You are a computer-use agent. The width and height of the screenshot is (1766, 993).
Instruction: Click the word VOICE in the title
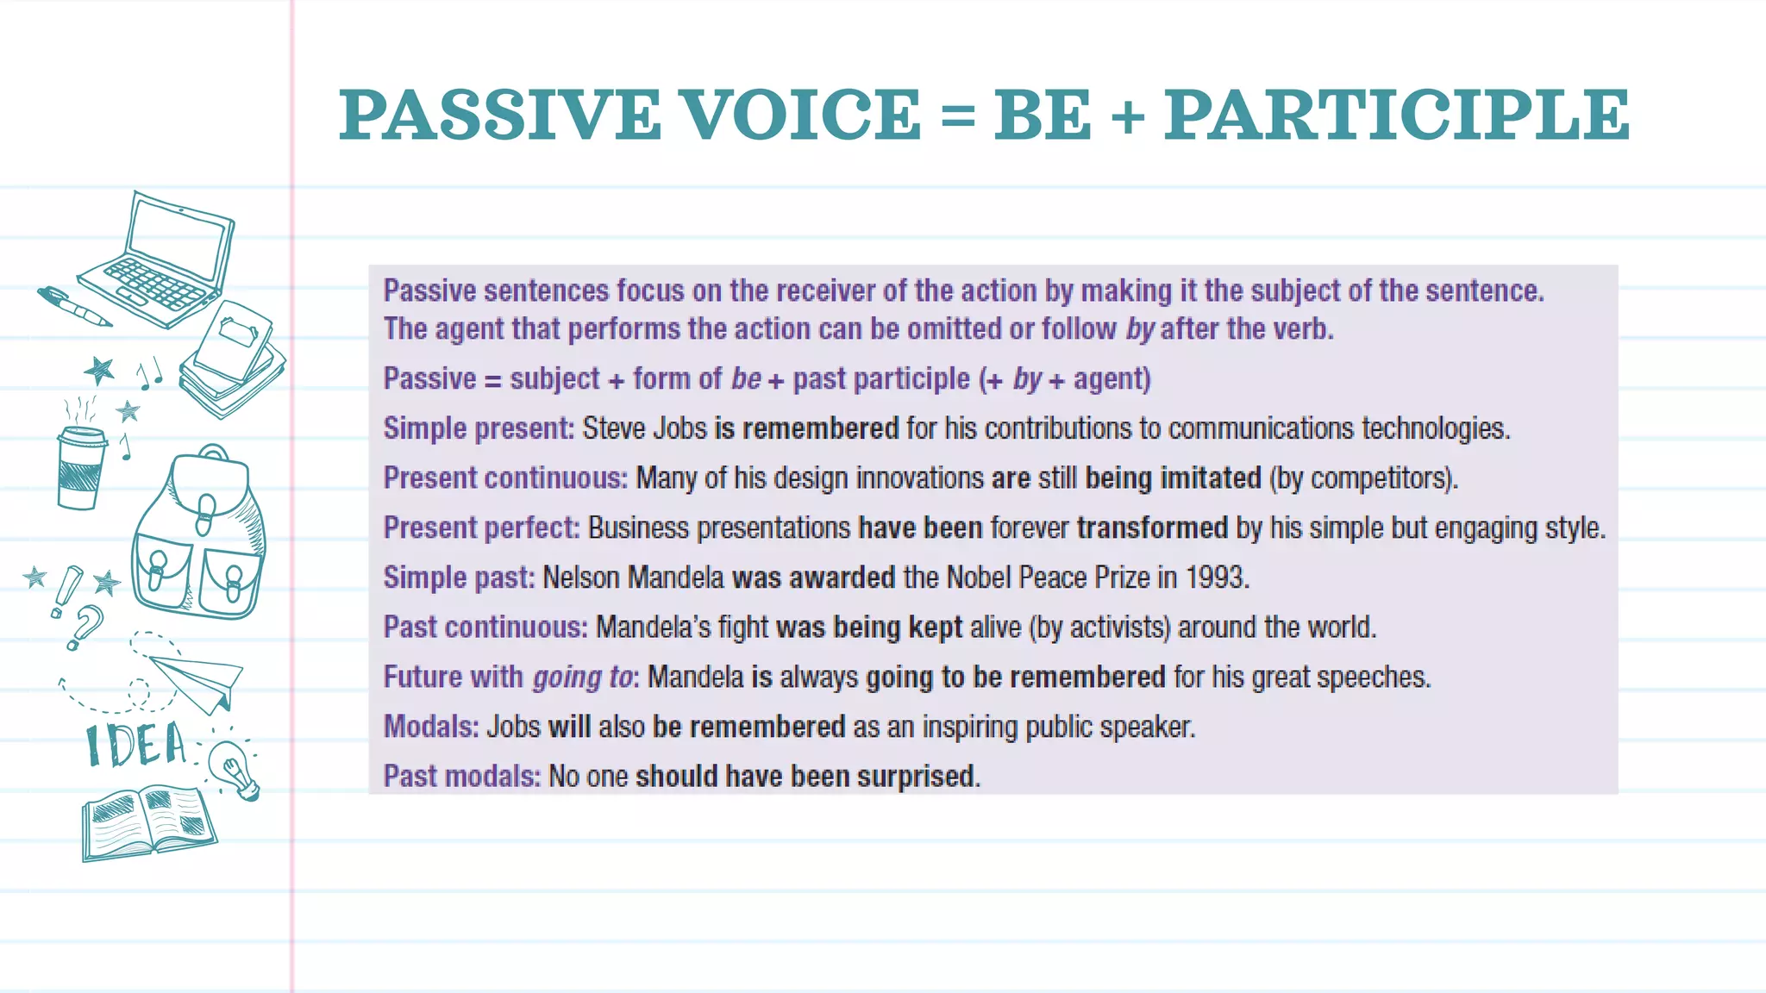point(801,116)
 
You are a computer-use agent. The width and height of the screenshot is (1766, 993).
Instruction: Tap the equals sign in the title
point(957,117)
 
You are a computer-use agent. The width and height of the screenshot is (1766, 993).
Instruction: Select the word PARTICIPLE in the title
point(1397,116)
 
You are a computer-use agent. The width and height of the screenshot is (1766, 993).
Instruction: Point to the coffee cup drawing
point(80,466)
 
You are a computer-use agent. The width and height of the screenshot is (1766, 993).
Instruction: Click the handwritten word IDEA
point(136,746)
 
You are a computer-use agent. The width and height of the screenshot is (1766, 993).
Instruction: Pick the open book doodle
point(148,821)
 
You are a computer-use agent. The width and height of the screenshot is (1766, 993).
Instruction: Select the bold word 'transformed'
point(1152,528)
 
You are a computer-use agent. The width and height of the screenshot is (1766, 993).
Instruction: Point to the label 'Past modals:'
point(461,777)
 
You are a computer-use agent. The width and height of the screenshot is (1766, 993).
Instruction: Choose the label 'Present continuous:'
point(505,478)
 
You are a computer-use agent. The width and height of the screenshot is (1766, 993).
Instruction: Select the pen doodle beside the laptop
point(74,307)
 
